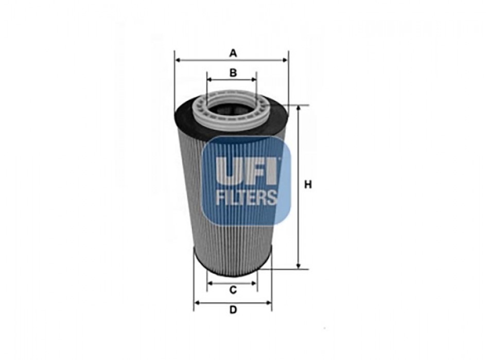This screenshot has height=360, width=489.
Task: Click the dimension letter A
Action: click(x=233, y=53)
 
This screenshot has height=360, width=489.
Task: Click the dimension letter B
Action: click(x=233, y=73)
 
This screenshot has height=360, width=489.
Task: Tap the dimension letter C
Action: click(x=233, y=290)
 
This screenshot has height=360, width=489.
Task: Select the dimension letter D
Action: click(x=233, y=310)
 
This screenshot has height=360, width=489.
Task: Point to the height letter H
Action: click(x=308, y=185)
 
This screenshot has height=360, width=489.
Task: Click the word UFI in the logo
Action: click(x=247, y=171)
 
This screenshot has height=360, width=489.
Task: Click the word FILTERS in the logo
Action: click(x=247, y=197)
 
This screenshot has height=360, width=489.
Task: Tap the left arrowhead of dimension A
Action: click(x=178, y=60)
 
